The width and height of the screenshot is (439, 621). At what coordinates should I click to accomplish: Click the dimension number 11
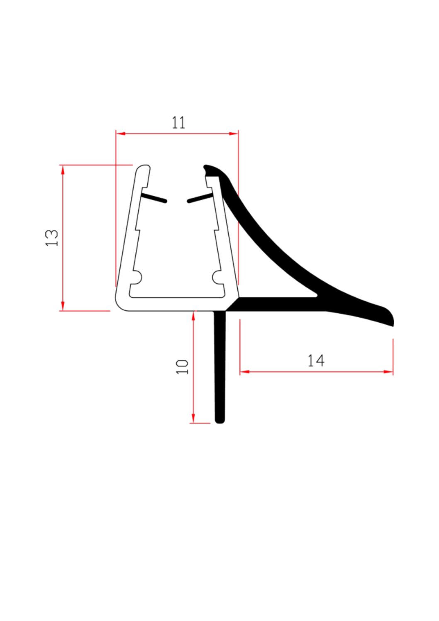coord(178,122)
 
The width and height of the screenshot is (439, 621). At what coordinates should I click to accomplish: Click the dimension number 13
coord(52,238)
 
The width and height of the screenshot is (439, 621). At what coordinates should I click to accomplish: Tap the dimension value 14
coord(316,360)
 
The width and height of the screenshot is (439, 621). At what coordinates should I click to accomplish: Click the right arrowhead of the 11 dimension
coord(234,134)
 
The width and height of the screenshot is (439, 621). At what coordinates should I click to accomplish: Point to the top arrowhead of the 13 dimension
coord(63,170)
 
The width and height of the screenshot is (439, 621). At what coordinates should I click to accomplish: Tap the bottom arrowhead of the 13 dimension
coord(63,306)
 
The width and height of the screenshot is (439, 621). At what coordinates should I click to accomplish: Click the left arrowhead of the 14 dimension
coord(245,372)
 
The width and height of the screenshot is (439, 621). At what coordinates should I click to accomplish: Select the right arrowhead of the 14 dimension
coord(388,372)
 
